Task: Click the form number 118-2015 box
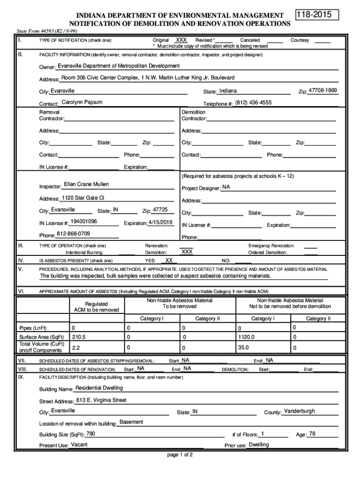click(x=317, y=15)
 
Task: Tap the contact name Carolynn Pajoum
click(x=82, y=102)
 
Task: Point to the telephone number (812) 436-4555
click(x=253, y=102)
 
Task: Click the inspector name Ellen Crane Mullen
click(x=86, y=184)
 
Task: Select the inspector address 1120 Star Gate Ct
click(x=83, y=197)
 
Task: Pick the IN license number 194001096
click(x=84, y=221)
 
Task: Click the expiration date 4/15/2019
click(x=160, y=222)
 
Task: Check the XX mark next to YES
click(x=169, y=260)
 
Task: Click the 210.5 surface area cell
click(x=79, y=336)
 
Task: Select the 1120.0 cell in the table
click(x=246, y=336)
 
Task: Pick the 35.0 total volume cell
click(x=243, y=348)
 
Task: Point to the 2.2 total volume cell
click(x=76, y=348)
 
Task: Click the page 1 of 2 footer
click(x=180, y=455)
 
